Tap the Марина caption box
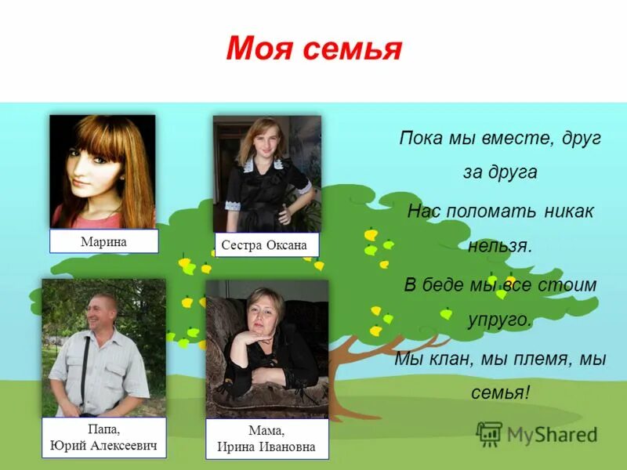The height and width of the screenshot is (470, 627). pos(103,241)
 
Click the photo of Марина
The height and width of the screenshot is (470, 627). pos(103,172)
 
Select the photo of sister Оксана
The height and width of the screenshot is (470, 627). pos(266,173)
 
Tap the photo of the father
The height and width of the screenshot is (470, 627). pos(103,347)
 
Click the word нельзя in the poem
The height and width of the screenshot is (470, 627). pos(499,246)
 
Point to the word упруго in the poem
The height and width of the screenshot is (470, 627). pos(500,320)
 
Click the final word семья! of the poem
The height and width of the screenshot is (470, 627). pos(501,392)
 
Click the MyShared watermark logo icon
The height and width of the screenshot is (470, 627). pos(490,433)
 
